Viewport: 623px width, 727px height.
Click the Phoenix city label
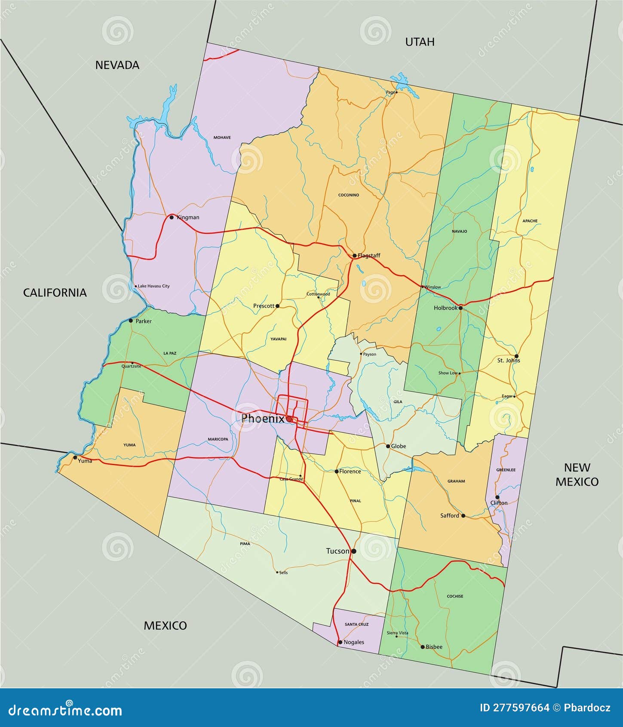pyautogui.click(x=263, y=418)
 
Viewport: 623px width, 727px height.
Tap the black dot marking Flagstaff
pyautogui.click(x=354, y=256)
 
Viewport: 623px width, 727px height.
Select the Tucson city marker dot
pyautogui.click(x=353, y=551)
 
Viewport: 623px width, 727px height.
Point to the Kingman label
pyautogui.click(x=188, y=217)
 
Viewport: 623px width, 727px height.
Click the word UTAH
pyautogui.click(x=420, y=42)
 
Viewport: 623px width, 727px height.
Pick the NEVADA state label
pyautogui.click(x=117, y=65)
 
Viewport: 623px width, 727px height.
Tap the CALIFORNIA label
pyautogui.click(x=55, y=293)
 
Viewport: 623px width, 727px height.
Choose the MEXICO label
pyautogui.click(x=165, y=625)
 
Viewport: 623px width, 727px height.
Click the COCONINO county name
pyautogui.click(x=348, y=195)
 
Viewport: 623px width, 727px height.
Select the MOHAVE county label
pyautogui.click(x=222, y=138)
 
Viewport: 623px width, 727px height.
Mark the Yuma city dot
pyautogui.click(x=75, y=457)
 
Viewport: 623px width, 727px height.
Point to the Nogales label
pyautogui.click(x=354, y=642)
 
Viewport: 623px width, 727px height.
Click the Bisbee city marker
pyautogui.click(x=422, y=647)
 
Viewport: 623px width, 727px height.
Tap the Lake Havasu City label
pyautogui.click(x=153, y=286)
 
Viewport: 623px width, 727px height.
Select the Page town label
pyautogui.click(x=390, y=92)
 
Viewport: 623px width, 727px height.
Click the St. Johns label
pyautogui.click(x=508, y=360)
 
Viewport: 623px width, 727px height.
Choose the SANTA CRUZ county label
pyautogui.click(x=356, y=624)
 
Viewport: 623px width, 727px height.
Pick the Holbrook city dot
pyautogui.click(x=460, y=308)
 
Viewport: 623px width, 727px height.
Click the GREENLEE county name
pyautogui.click(x=506, y=470)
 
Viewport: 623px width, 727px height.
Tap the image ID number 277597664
pyautogui.click(x=514, y=708)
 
